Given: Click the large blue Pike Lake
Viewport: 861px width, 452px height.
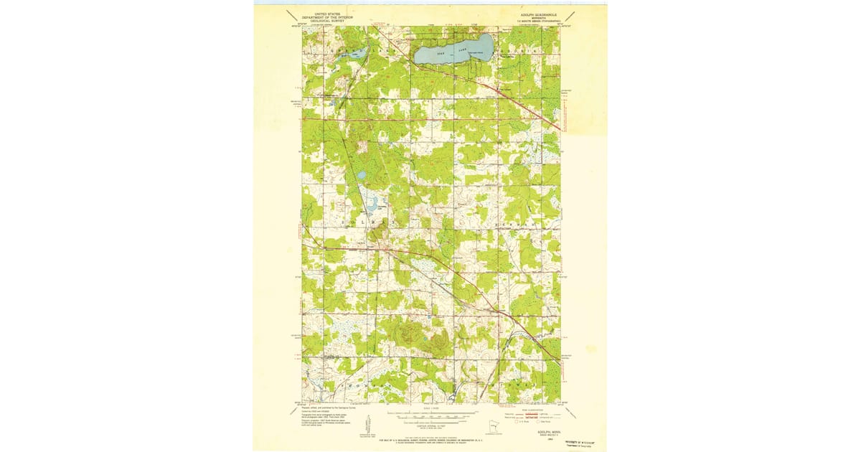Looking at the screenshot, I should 453,50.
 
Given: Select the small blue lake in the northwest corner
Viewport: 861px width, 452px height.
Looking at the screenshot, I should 357,53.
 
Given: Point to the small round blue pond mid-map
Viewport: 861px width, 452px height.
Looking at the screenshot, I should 362,174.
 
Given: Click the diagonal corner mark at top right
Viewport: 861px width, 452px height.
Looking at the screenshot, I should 570,15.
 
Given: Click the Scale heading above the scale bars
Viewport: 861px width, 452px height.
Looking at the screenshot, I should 430,410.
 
